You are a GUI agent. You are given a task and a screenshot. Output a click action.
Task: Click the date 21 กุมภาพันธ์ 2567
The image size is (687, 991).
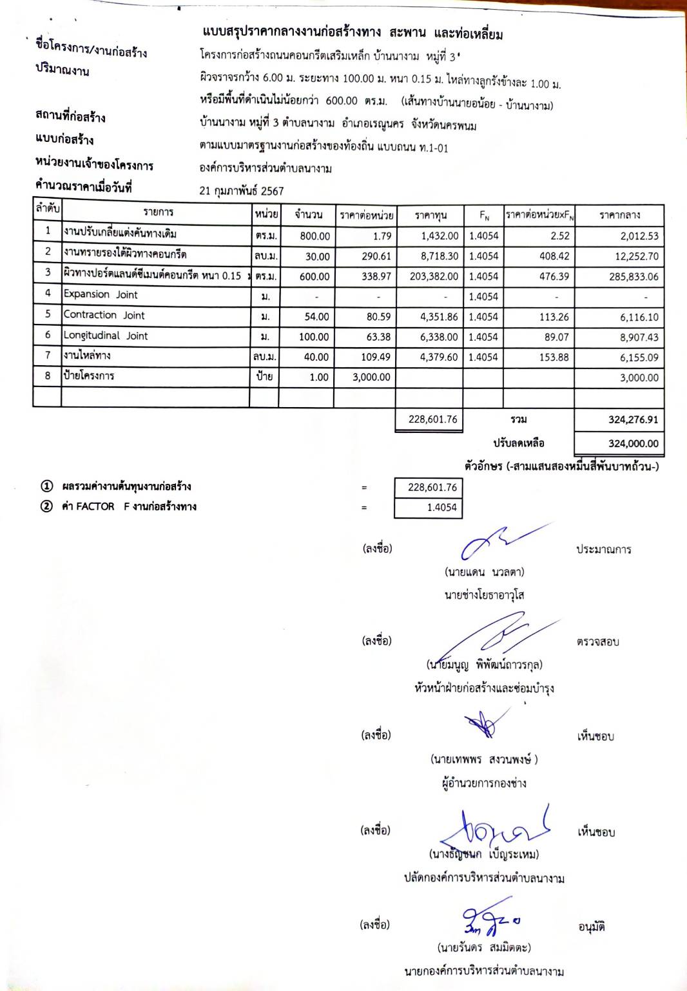[x=242, y=191]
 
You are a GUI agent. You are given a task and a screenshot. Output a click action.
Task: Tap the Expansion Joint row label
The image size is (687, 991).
[x=101, y=295]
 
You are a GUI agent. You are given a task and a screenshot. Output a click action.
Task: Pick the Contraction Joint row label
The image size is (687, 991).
[x=104, y=315]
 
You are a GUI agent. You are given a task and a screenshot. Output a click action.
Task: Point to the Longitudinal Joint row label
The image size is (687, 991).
[x=106, y=336]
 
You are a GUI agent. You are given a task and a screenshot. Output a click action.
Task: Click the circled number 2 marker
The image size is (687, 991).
[x=46, y=507]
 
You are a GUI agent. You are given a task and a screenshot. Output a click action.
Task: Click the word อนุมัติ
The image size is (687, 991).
[x=592, y=928]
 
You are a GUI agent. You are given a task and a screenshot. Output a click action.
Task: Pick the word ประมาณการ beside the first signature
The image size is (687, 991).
[x=604, y=550]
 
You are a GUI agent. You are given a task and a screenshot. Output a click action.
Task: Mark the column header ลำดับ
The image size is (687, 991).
[x=47, y=209]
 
